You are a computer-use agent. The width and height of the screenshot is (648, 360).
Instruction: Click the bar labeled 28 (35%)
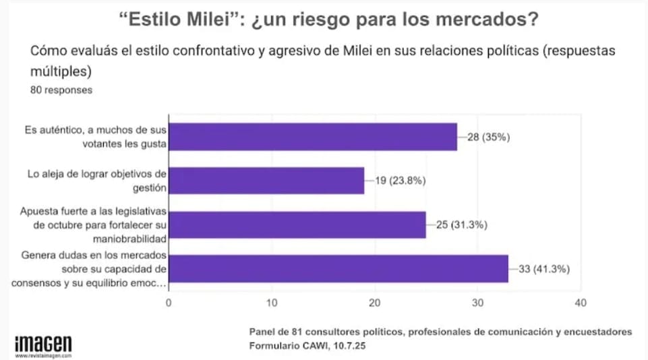[312, 137]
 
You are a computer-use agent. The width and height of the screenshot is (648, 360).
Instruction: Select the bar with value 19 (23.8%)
[266, 181]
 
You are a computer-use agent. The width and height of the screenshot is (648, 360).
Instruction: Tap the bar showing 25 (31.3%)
[297, 224]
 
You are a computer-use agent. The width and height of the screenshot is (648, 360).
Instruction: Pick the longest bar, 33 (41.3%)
[338, 268]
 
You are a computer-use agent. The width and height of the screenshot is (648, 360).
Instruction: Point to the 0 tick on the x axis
[169, 303]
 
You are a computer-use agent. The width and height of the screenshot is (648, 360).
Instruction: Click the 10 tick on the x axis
[272, 303]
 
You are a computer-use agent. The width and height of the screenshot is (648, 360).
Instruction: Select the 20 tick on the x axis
[375, 303]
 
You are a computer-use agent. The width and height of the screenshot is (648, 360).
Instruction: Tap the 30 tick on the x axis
[477, 303]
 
